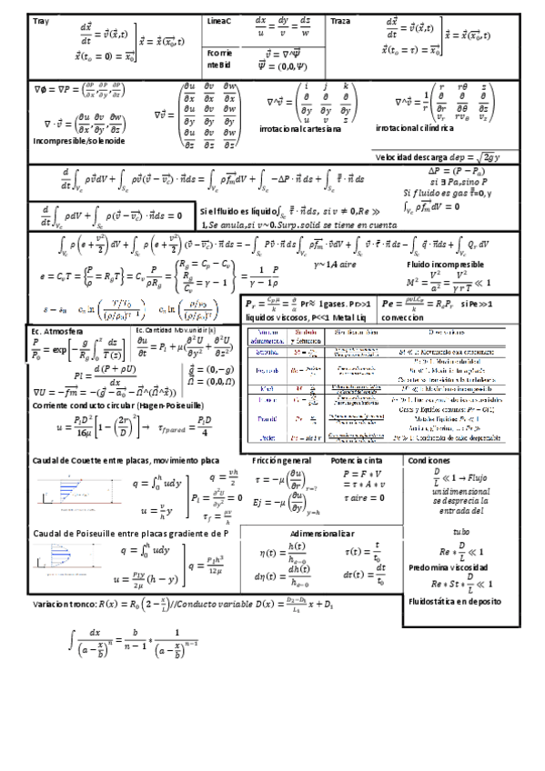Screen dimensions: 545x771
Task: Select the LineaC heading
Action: pyautogui.click(x=219, y=20)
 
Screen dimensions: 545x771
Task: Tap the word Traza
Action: pyautogui.click(x=340, y=20)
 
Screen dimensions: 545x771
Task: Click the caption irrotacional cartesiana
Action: pyautogui.click(x=299, y=130)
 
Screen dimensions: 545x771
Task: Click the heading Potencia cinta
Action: pyautogui.click(x=356, y=462)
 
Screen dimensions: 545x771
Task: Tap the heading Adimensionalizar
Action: pyautogui.click(x=321, y=532)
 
